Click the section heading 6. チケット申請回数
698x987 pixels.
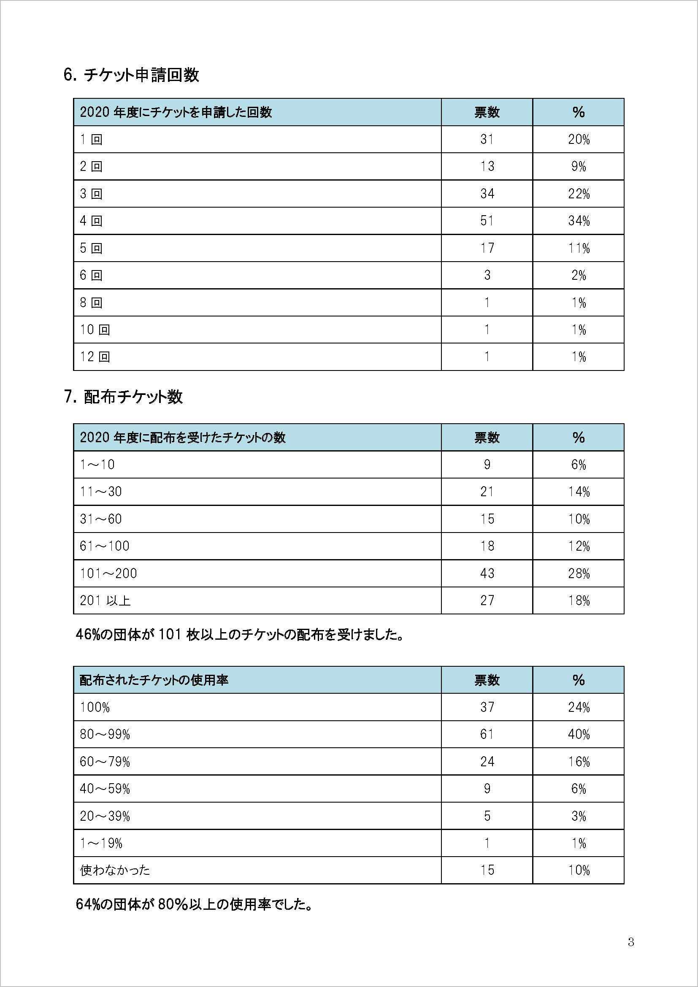(x=131, y=75)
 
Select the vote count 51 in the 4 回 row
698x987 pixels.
(x=487, y=221)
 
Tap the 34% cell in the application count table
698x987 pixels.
(x=579, y=221)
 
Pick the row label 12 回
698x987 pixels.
(x=95, y=357)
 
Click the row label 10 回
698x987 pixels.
(x=95, y=330)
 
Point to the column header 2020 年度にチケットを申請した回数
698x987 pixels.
(x=176, y=112)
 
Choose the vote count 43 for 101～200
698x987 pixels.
(x=487, y=573)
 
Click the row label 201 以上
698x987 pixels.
(x=105, y=600)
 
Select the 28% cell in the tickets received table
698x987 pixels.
(x=579, y=573)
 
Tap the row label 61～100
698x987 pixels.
(x=104, y=546)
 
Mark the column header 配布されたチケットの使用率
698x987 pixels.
(x=154, y=680)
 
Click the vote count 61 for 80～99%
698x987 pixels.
(x=487, y=734)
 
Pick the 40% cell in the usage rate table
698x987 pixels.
(x=579, y=734)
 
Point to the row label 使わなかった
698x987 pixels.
(x=115, y=871)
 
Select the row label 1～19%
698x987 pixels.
(x=101, y=844)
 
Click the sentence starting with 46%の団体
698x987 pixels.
(x=239, y=635)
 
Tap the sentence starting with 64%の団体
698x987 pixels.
(x=194, y=904)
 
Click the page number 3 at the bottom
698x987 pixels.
(x=630, y=942)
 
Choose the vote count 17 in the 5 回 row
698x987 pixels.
(x=487, y=248)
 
